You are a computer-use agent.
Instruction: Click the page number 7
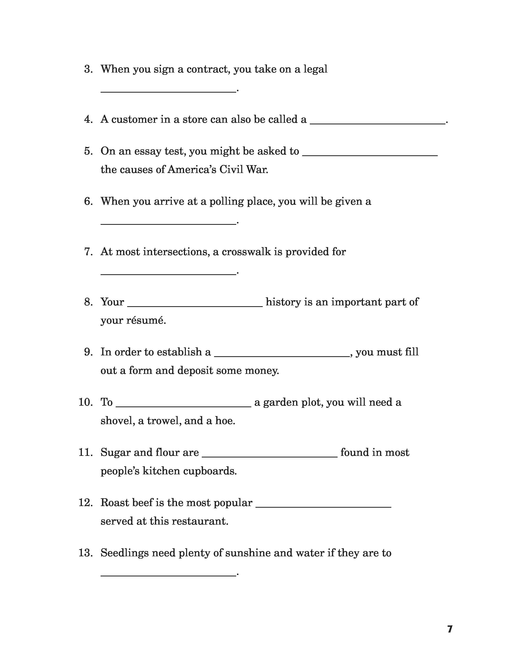click(450, 629)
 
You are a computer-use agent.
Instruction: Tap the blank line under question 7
click(168, 274)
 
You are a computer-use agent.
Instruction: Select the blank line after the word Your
click(195, 306)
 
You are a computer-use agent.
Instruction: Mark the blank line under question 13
click(168, 575)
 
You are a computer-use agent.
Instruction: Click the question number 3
click(88, 69)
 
